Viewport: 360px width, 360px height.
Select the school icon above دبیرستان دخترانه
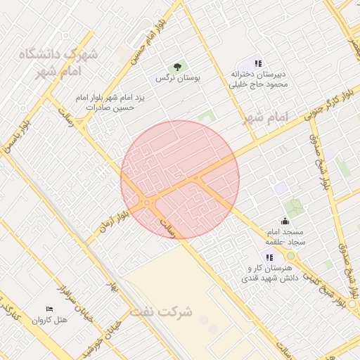tap(258, 63)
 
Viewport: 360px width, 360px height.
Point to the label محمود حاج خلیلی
tap(258, 84)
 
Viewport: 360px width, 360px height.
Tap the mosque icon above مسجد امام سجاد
tap(284, 221)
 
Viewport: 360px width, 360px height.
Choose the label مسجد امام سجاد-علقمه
tap(285, 236)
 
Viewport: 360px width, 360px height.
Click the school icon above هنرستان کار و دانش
tap(269, 257)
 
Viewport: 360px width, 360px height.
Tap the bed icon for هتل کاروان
tap(49, 309)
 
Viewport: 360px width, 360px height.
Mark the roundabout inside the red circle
tap(147, 203)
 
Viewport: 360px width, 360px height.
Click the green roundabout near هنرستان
tap(290, 255)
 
